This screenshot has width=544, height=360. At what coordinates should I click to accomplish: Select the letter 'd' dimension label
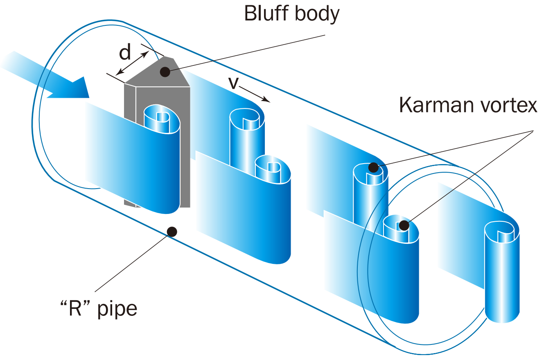125,52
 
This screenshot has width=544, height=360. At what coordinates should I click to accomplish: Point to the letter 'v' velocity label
233,83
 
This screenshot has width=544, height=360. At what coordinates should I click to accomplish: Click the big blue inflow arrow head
74,88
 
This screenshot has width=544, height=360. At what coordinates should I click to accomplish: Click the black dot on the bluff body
165,72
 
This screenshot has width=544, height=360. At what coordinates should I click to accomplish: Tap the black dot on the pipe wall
172,232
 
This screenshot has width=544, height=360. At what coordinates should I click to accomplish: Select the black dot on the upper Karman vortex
373,167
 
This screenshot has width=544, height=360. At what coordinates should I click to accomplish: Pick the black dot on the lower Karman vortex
404,225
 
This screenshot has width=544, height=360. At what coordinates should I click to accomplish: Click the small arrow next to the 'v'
255,94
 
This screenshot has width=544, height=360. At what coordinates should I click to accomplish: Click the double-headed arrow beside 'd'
132,64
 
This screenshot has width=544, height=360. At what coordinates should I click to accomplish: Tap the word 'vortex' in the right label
506,106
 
